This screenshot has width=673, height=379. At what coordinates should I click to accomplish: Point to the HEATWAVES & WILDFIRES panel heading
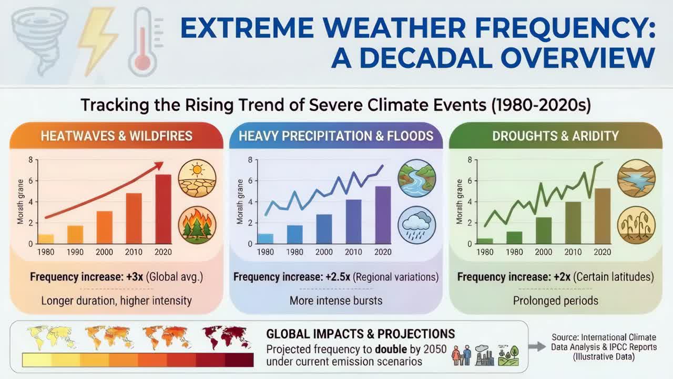(x=116, y=136)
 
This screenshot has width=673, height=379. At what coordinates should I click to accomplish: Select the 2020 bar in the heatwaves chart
(x=163, y=209)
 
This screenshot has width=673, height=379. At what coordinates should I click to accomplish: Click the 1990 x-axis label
(x=75, y=252)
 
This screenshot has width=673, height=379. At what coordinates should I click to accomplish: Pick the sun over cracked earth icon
(x=197, y=179)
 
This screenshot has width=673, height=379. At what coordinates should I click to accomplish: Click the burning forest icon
(x=197, y=225)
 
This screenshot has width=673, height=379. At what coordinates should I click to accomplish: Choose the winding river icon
(x=416, y=179)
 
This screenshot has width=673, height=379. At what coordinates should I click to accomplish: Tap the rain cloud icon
(x=416, y=225)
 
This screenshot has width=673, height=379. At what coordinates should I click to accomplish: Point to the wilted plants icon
(x=636, y=225)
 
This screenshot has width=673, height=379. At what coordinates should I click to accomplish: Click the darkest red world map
(x=226, y=337)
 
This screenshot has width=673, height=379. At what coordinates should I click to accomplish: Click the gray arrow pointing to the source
(x=537, y=346)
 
